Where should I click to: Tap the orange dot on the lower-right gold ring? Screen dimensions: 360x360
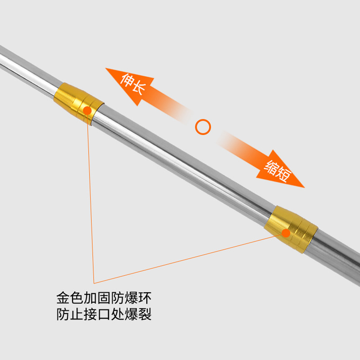pyautogui.click(x=286, y=232)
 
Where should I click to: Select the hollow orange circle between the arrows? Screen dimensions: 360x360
pyautogui.click(x=203, y=127)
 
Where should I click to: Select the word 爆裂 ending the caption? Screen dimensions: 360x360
pyautogui.click(x=138, y=314)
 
